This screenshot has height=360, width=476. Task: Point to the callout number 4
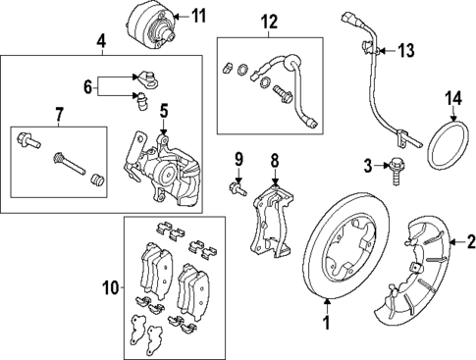coord(101,41)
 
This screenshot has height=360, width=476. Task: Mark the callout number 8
coord(276,158)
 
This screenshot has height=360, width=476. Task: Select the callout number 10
coord(111,287)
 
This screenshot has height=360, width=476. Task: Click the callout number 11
coord(199,16)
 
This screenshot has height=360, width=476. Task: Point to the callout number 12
coord(268,21)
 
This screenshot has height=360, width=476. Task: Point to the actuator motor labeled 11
coord(152,27)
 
